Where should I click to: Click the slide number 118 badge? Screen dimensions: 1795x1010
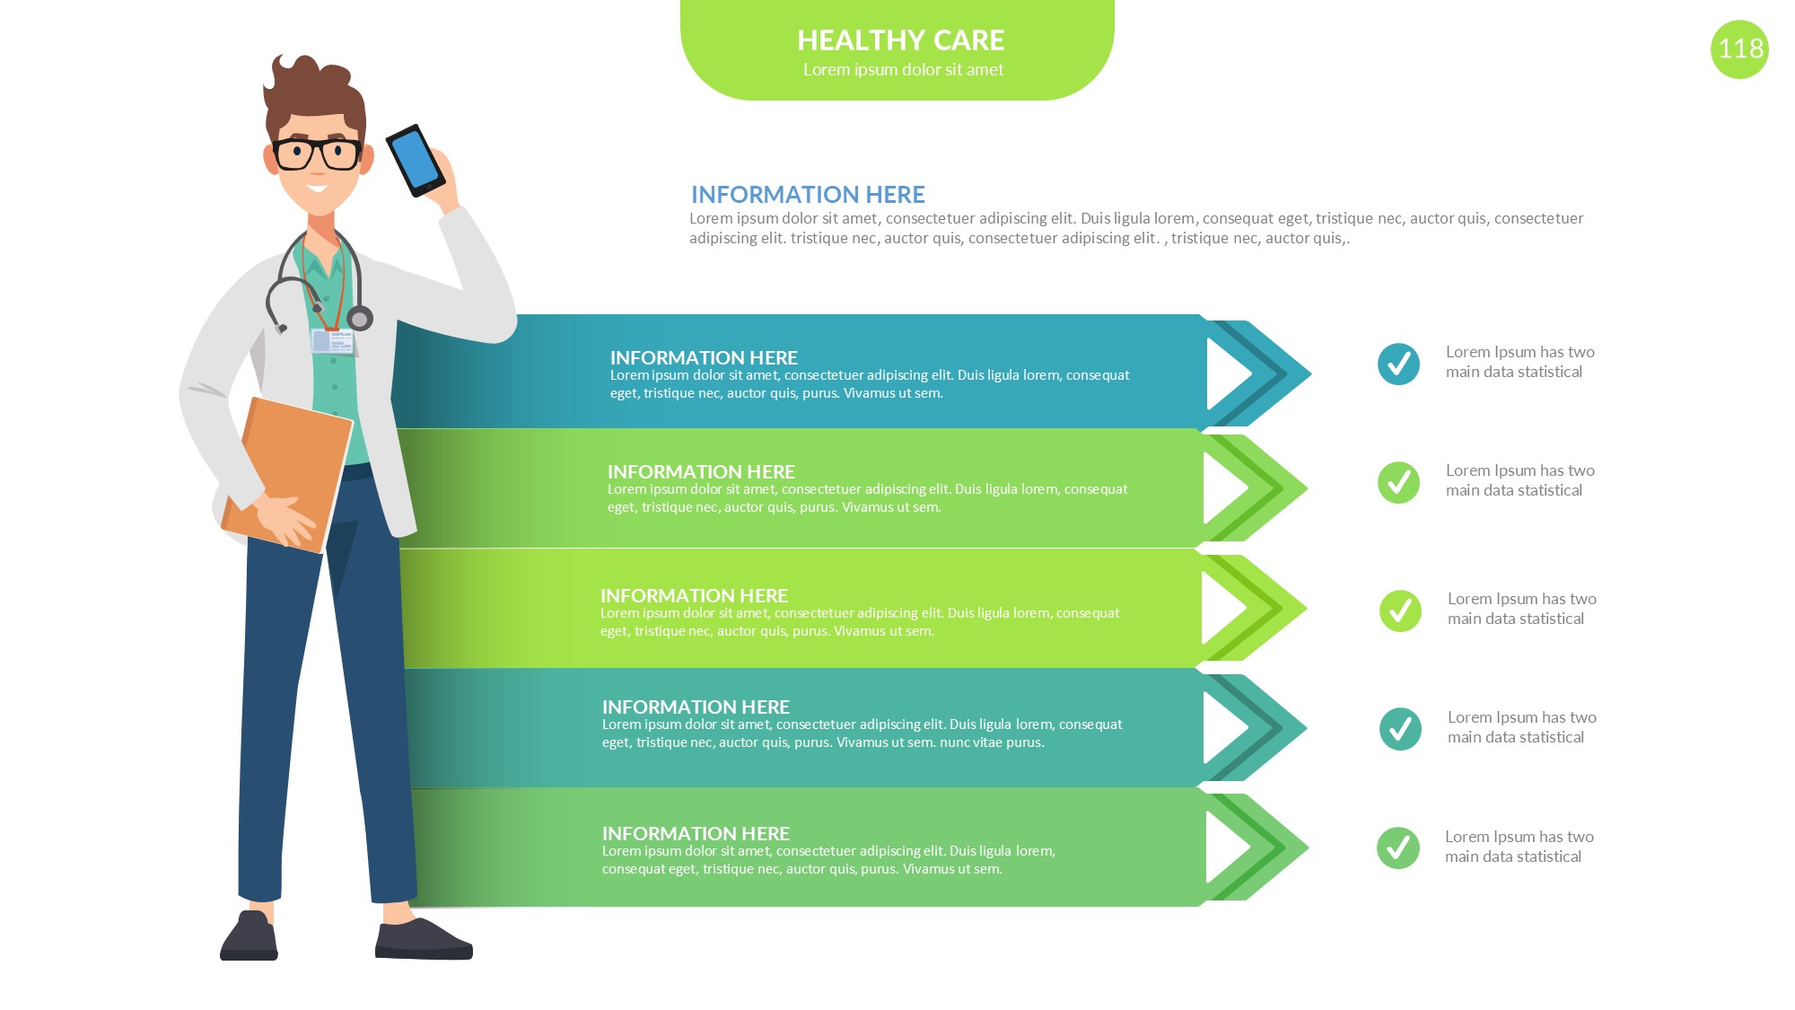[1739, 49]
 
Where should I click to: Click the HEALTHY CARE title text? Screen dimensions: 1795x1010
[900, 40]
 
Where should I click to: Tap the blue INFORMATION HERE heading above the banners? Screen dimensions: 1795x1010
[808, 195]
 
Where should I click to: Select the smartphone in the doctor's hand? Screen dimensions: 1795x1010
[416, 161]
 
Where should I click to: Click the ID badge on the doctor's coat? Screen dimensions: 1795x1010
[333, 341]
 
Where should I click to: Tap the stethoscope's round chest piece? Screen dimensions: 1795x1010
[360, 318]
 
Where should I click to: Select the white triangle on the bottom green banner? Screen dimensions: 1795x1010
[1228, 848]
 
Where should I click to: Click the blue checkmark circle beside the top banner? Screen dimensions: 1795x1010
[1398, 364]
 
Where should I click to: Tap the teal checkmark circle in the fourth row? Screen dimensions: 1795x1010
[1400, 729]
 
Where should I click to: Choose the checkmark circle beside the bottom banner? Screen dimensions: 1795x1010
[1398, 848]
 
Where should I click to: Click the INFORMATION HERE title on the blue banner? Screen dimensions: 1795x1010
[704, 357]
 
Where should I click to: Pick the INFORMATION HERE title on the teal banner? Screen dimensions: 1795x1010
[696, 707]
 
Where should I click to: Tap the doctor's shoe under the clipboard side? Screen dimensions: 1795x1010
[250, 936]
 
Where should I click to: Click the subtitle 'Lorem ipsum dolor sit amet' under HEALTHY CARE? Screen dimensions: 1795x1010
[903, 70]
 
